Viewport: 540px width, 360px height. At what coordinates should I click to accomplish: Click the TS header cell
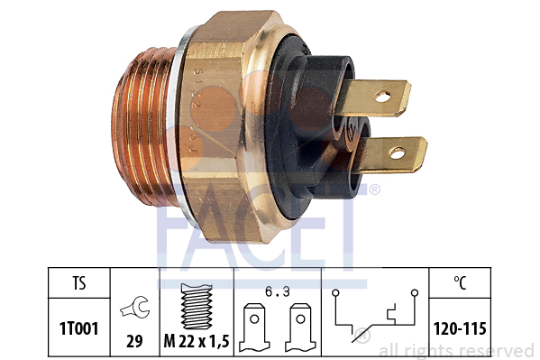click(78, 283)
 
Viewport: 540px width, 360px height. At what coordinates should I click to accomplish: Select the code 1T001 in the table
click(78, 328)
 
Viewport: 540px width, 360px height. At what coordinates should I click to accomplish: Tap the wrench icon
click(135, 307)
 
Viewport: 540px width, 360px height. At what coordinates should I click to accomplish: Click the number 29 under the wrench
click(134, 341)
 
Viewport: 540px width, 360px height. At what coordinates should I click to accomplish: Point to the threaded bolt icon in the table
click(197, 306)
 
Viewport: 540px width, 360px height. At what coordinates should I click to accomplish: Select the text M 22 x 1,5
click(197, 341)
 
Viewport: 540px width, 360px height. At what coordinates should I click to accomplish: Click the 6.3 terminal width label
click(278, 292)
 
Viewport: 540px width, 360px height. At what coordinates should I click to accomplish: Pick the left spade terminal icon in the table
click(254, 328)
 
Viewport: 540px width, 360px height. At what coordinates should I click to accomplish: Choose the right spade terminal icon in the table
click(300, 328)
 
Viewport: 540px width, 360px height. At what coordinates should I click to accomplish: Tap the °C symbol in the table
click(460, 283)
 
